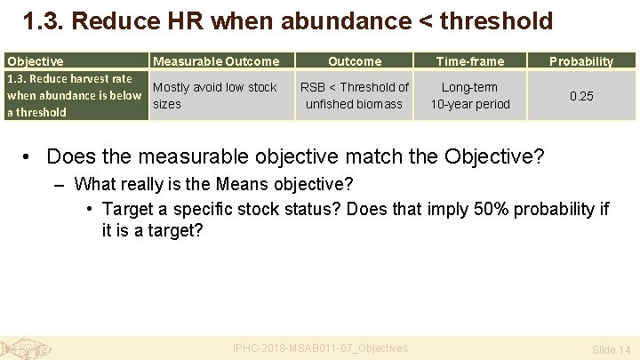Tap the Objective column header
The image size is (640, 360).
(36, 61)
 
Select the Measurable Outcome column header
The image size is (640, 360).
(216, 61)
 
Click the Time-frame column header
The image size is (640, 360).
(470, 61)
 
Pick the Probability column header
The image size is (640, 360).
(581, 61)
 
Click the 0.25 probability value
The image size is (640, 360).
(581, 96)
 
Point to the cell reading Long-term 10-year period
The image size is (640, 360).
(470, 96)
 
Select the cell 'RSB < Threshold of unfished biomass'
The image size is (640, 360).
(355, 96)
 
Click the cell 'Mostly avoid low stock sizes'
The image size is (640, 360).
(215, 96)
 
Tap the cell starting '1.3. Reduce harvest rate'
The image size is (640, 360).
(75, 95)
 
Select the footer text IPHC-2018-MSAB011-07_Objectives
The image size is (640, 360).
(320, 348)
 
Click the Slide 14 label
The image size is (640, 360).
(611, 350)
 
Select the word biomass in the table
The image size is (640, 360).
(379, 104)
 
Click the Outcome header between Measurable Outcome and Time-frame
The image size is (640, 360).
(355, 61)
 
